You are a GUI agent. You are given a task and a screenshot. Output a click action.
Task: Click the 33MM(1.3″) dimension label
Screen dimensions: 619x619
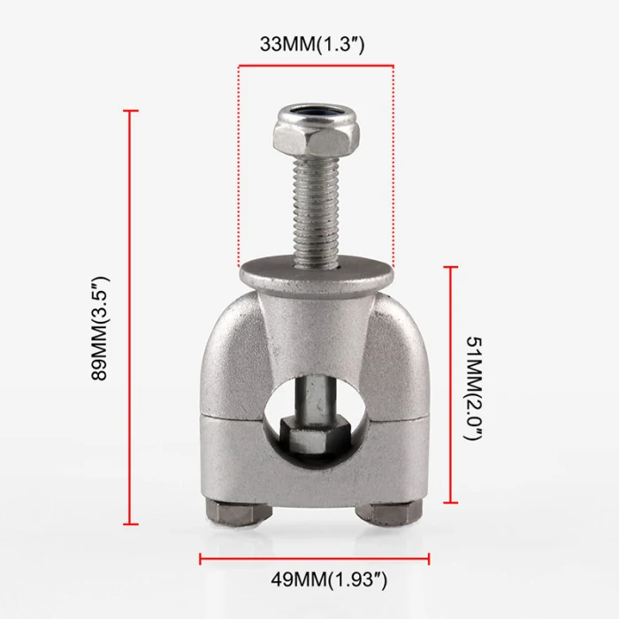coord(312,44)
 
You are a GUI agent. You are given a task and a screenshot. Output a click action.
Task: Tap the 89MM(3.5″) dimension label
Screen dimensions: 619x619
coord(99,328)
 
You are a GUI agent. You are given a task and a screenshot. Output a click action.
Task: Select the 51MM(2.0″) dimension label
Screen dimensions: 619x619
coord(473,389)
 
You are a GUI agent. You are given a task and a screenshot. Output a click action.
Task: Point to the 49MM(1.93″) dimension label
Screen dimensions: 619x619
coord(329,580)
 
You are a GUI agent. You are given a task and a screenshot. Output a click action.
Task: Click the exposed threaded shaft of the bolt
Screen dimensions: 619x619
coord(316,210)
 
